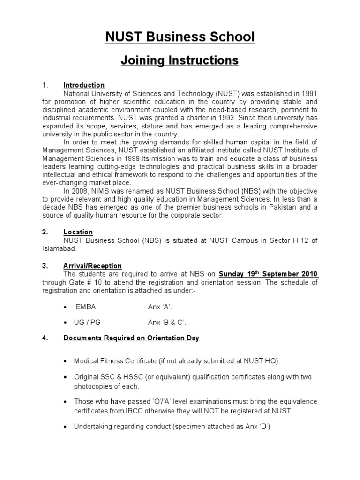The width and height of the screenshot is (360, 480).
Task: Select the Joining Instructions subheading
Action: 180,60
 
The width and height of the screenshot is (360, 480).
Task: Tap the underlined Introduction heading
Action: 84,85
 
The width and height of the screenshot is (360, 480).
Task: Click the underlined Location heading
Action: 78,232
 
